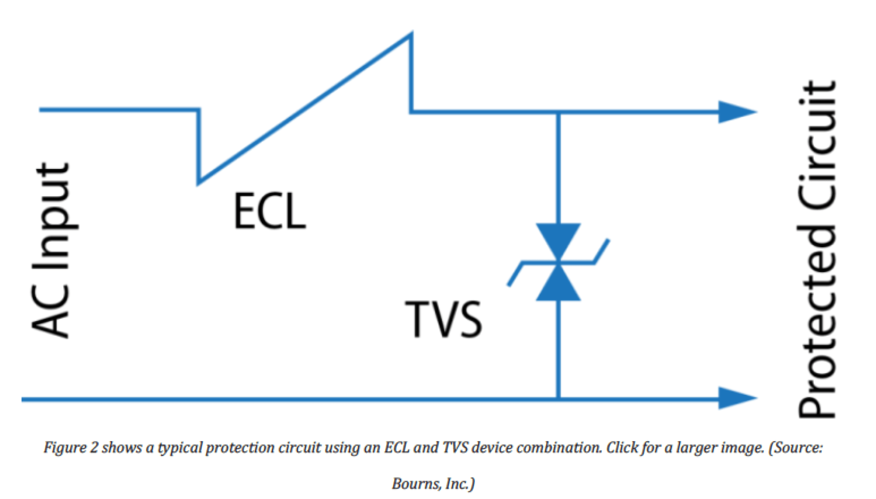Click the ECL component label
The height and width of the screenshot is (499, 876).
point(269,210)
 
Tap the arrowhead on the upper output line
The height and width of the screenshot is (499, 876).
point(737,112)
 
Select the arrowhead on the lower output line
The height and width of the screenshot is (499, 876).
point(737,398)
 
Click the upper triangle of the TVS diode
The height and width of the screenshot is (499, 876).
point(558,240)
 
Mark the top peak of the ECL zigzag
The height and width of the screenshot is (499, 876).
point(411,35)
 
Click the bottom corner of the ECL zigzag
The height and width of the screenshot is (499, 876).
point(198,183)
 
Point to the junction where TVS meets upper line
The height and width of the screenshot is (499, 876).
point(558,112)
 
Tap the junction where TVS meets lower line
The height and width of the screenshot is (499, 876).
point(558,398)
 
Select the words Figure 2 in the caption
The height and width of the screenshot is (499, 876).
point(71,448)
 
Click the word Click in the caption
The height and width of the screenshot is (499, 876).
point(622,448)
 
